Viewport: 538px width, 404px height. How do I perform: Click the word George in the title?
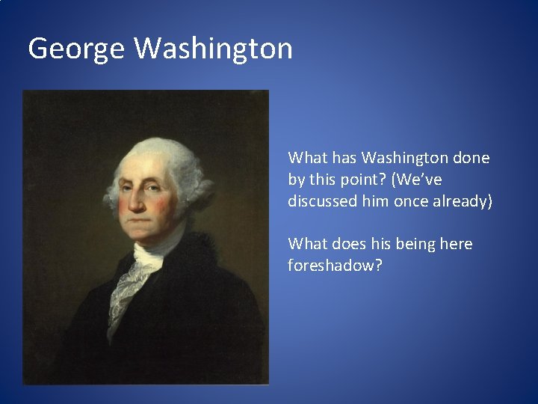76,49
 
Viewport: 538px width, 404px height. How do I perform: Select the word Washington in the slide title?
213,49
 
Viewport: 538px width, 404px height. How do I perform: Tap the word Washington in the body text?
404,158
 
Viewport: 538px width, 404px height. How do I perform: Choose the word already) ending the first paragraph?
463,201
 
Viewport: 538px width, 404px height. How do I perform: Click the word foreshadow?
335,266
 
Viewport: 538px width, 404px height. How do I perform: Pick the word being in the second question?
412,244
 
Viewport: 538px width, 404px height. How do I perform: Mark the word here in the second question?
455,244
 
